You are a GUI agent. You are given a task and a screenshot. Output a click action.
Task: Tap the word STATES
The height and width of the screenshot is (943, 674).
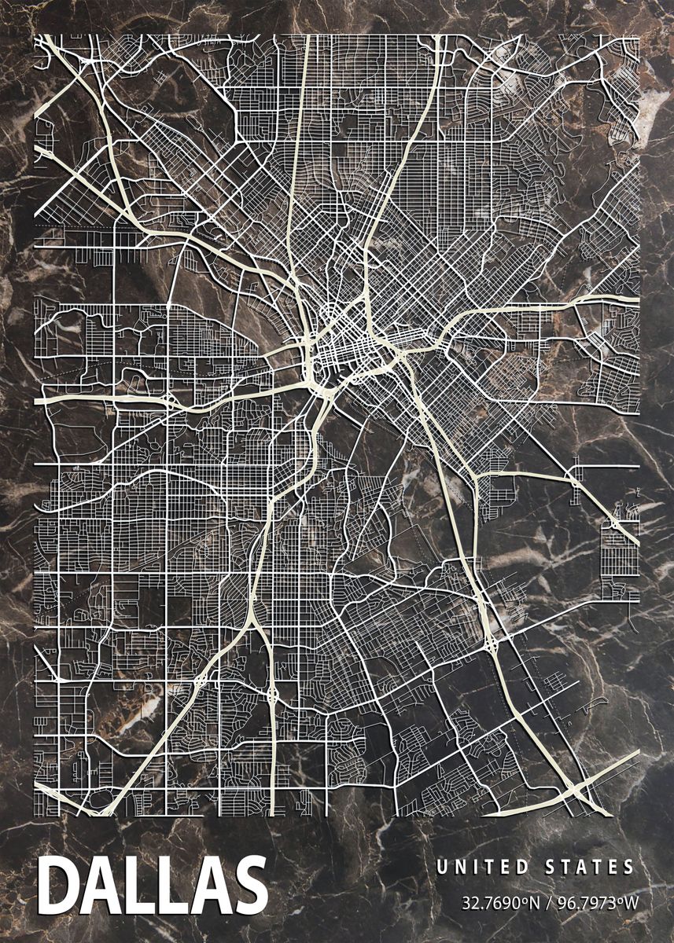[x=589, y=868]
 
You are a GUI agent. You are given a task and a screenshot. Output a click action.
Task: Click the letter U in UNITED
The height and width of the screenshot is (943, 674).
[x=441, y=868]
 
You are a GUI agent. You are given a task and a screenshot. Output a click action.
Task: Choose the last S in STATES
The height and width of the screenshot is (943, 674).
[x=628, y=868]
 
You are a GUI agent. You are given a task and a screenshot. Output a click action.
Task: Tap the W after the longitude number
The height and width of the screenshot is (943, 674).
[x=632, y=902]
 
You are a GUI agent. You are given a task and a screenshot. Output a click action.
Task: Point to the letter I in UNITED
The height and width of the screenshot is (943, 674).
[x=474, y=868]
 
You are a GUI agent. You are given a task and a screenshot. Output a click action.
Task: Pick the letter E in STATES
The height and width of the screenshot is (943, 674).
[x=612, y=868]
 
